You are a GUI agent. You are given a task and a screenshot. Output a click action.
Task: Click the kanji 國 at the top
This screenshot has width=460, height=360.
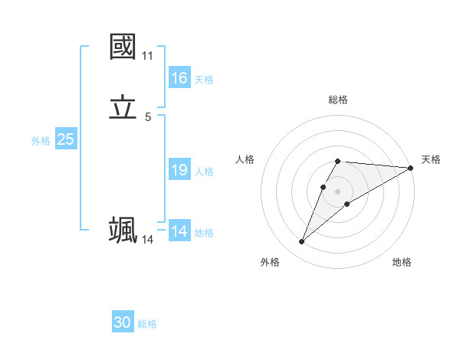(123, 46)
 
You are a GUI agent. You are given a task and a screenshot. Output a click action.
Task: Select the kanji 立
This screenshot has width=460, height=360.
(123, 109)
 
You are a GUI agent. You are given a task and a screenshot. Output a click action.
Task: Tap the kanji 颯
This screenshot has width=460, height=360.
(123, 230)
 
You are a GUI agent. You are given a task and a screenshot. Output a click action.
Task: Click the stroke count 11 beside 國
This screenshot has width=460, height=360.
(147, 56)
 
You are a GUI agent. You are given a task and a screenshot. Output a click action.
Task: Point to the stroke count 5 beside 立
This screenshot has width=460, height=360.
(148, 117)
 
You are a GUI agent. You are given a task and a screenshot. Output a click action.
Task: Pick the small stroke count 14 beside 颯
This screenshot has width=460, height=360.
(147, 240)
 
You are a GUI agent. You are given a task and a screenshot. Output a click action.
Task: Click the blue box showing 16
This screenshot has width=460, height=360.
(179, 78)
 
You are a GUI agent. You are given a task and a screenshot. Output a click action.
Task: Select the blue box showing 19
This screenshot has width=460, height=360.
(179, 170)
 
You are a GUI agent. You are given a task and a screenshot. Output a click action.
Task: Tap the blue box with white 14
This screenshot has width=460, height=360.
(179, 231)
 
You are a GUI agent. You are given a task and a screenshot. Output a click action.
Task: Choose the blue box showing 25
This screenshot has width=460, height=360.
(66, 139)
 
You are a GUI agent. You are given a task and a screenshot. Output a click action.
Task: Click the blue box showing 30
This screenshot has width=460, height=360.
(123, 322)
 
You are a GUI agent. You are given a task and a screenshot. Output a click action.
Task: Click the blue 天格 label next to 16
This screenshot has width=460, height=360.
(204, 80)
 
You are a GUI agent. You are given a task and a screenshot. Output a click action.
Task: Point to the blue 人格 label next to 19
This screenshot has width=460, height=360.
(204, 172)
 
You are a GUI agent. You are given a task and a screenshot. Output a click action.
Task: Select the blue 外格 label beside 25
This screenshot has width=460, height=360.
(41, 141)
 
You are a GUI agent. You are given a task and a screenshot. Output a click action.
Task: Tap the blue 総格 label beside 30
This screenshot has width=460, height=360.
(147, 324)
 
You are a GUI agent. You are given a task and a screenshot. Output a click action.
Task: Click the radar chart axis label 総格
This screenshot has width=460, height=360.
(338, 100)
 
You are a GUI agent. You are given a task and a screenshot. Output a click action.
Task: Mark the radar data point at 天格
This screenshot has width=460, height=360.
(410, 168)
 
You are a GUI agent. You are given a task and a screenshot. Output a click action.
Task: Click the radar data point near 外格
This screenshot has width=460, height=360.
(301, 242)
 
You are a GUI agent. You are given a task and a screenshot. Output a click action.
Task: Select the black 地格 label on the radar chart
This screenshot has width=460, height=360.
(402, 262)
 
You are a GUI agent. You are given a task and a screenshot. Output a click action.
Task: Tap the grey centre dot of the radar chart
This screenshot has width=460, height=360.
(338, 191)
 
